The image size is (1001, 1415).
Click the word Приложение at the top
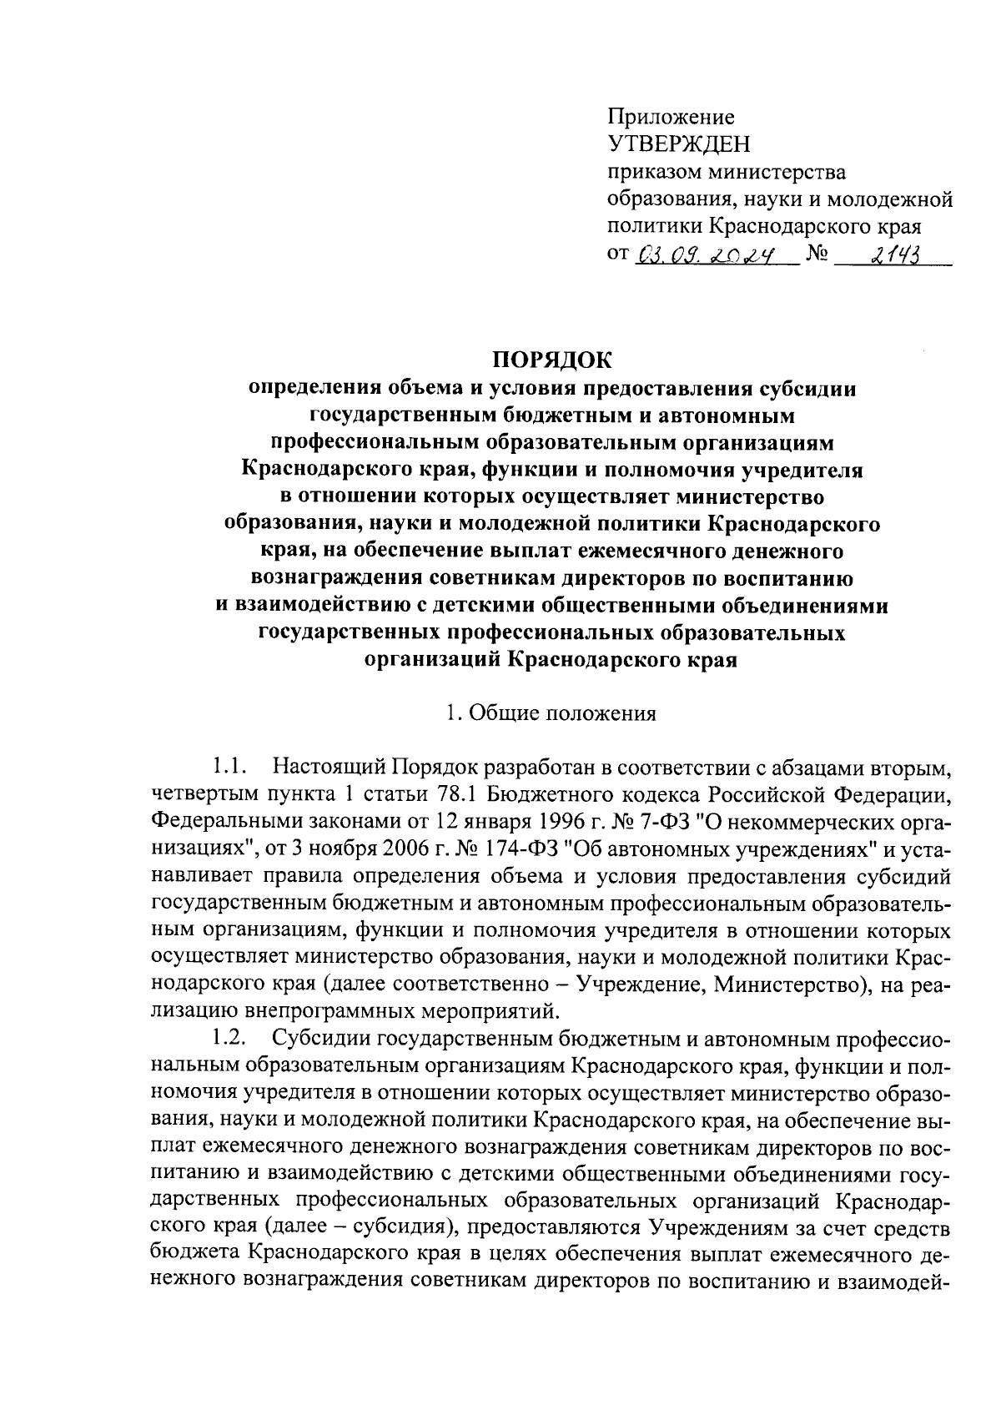[671, 117]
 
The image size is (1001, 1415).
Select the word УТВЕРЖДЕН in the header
[679, 144]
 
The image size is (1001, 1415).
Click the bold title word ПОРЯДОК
[550, 360]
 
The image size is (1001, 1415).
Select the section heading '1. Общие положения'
[551, 714]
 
